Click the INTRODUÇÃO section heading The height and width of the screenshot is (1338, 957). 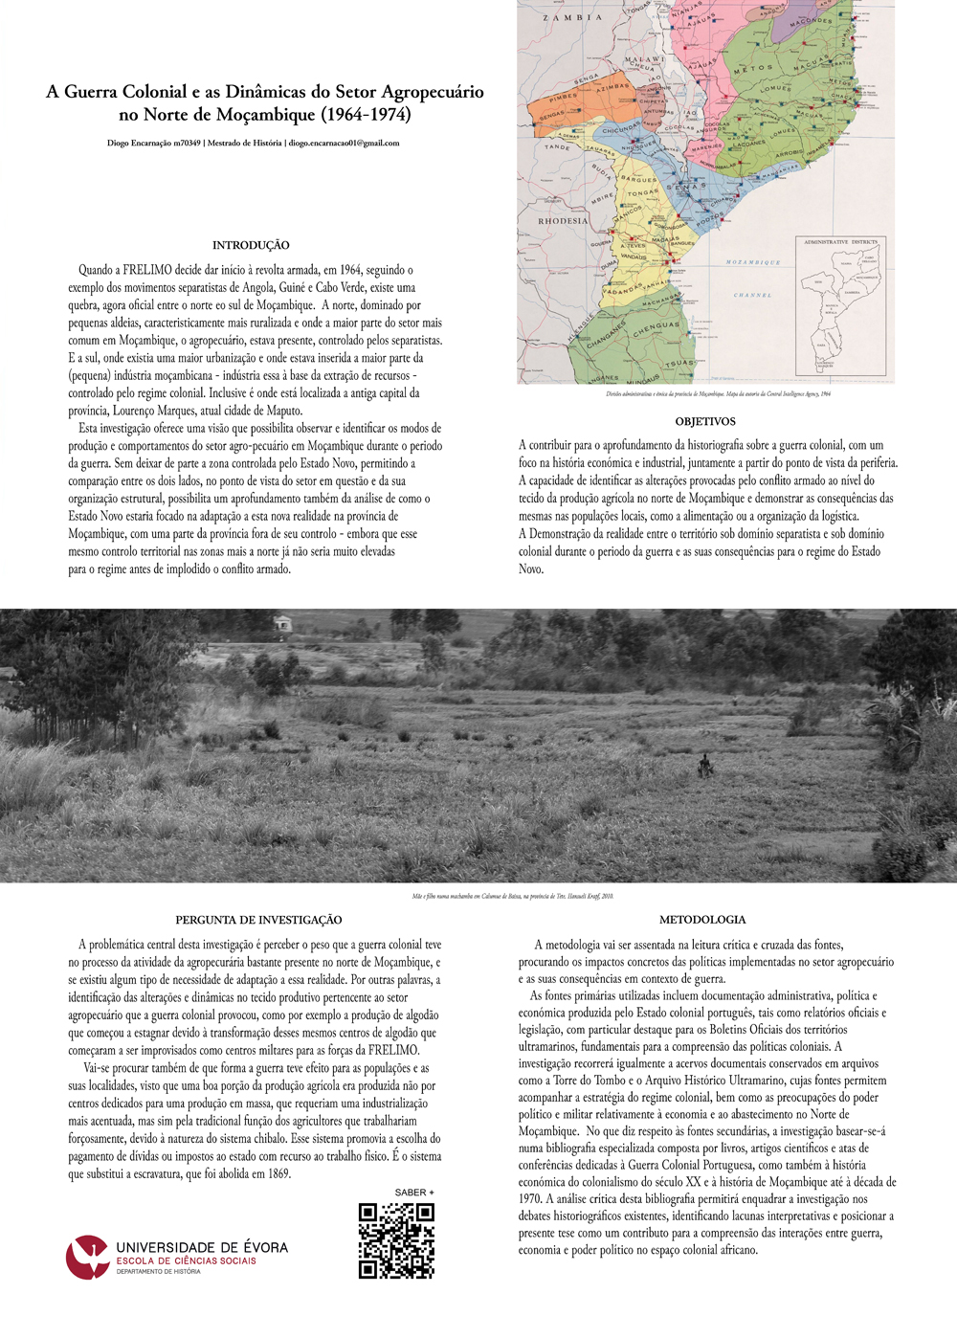tap(251, 245)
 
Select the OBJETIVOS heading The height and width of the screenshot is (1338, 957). tap(705, 421)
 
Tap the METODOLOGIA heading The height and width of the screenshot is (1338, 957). tap(702, 920)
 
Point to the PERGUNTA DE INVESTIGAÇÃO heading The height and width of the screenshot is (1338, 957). tap(258, 920)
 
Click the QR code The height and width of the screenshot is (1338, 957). tap(396, 1240)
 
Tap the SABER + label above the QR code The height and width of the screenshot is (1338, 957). tap(414, 1193)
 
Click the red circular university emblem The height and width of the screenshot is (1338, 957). tap(87, 1257)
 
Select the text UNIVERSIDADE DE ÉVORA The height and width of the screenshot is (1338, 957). tap(202, 1247)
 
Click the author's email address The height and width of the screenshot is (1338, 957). tap(344, 144)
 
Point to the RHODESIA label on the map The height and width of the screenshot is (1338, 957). tap(563, 221)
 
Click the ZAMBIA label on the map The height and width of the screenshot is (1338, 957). tap(572, 17)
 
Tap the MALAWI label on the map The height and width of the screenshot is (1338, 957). tap(644, 59)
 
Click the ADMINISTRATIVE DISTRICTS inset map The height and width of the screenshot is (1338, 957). tap(840, 306)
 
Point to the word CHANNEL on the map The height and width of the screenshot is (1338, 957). tap(752, 295)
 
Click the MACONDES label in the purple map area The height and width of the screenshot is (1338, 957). tap(811, 21)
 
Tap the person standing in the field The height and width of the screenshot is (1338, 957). tap(705, 764)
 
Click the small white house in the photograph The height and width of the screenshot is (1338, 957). tap(281, 624)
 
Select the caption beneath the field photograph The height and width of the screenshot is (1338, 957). tap(513, 897)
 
